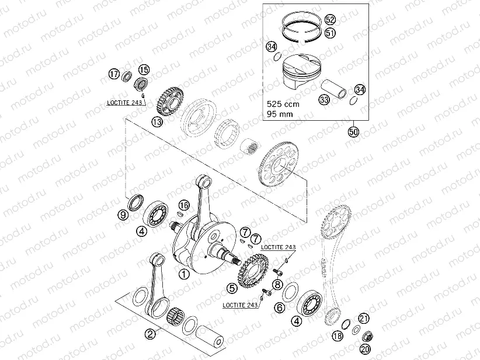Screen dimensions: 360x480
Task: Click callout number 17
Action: coord(113,74)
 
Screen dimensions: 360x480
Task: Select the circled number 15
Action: coord(144,69)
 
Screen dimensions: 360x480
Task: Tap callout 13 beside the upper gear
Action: coord(156,122)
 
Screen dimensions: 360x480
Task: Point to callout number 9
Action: coord(123,215)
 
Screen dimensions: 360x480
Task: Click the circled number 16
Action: coord(185,205)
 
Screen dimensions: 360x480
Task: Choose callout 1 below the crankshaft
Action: coord(184,273)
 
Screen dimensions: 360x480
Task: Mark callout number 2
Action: coord(150,334)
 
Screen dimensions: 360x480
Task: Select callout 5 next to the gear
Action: coord(232,287)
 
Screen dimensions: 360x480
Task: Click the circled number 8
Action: coord(278,285)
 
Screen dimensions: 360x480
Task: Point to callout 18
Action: coord(337,336)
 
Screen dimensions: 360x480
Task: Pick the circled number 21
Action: coord(363,318)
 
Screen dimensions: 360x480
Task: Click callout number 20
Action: coord(366,349)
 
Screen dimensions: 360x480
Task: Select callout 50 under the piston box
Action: coord(353,132)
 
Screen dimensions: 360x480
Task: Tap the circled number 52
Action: coord(330,19)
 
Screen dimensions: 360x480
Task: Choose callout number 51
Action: coord(330,33)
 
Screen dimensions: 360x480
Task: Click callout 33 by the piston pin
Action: coord(324,100)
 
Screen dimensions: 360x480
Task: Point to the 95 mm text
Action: coord(279,114)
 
